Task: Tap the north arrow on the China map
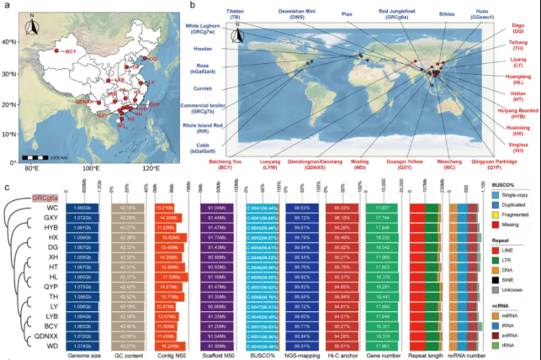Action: (33, 27)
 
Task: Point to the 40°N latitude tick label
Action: (10, 42)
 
